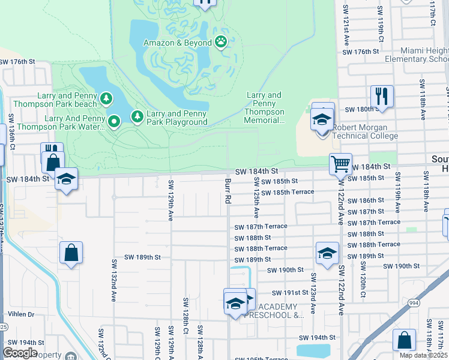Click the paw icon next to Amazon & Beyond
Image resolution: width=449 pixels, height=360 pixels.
221,43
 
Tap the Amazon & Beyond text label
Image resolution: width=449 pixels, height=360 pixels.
177,43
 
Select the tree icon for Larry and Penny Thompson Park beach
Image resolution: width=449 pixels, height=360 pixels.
106,98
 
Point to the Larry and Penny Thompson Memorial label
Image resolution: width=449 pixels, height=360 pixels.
264,107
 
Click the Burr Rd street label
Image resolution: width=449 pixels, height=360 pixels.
228,191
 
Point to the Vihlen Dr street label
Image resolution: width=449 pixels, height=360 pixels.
22,314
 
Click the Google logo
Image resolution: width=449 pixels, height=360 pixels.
20,352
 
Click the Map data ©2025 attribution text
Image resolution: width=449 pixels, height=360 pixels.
423,355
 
